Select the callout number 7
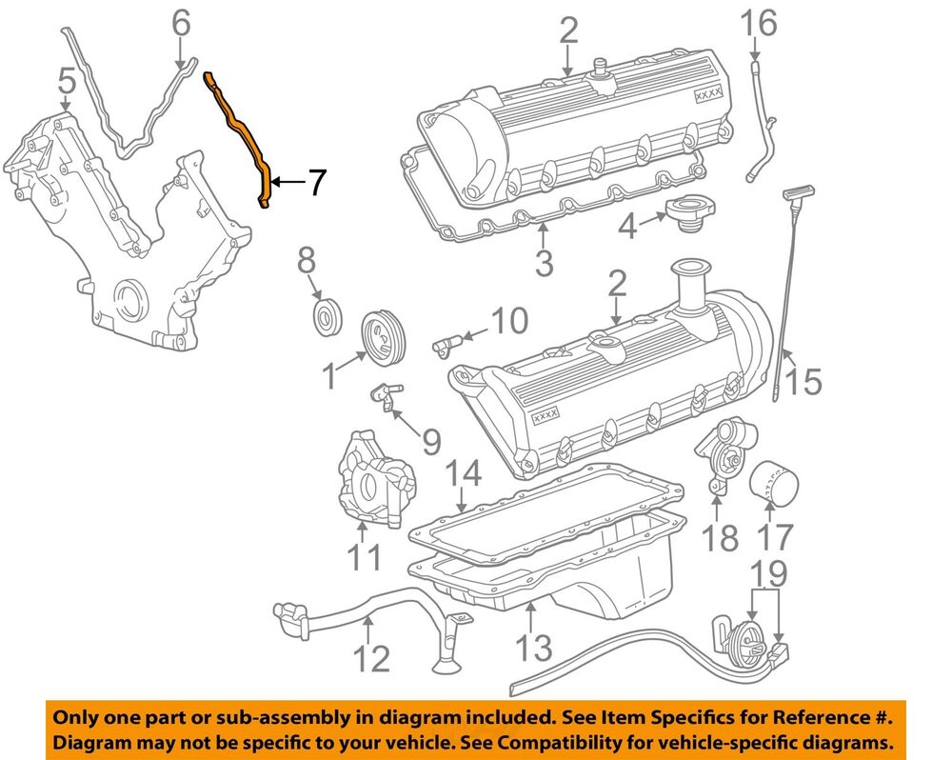(x=314, y=181)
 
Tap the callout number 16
(x=759, y=22)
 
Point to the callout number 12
(x=372, y=657)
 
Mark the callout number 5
(x=66, y=87)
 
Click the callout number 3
(x=544, y=261)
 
